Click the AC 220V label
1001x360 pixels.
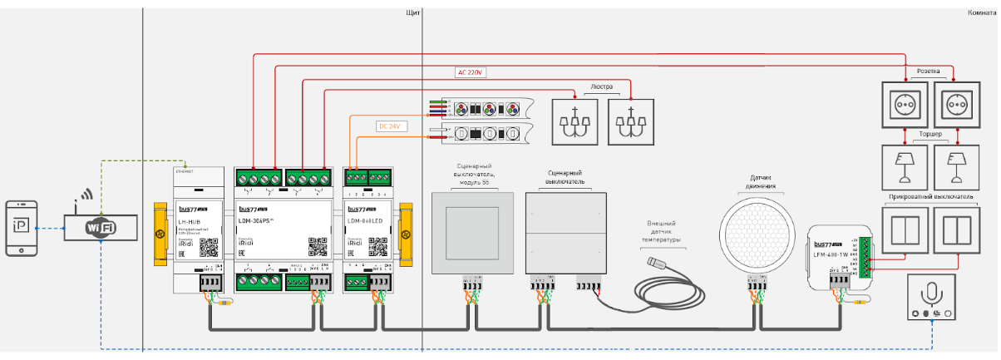(471, 72)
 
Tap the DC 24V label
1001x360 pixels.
(389, 126)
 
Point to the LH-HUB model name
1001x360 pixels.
(189, 220)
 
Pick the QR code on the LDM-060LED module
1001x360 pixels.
(379, 247)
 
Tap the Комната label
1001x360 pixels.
(983, 13)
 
